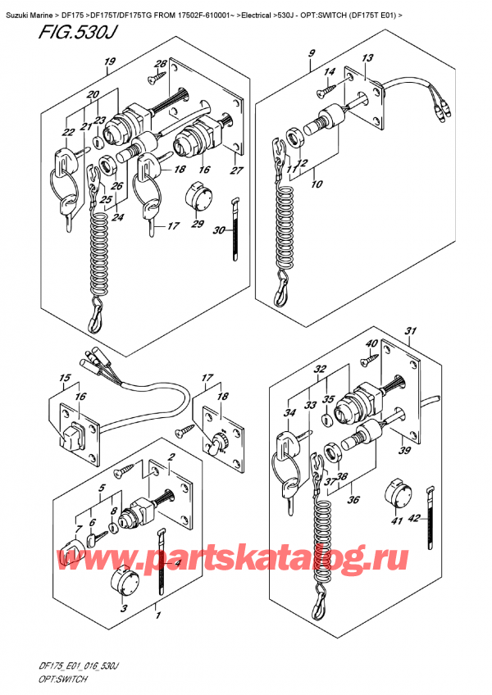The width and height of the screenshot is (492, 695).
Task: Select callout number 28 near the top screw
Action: click(x=161, y=65)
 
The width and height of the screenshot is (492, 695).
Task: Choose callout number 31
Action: click(x=410, y=331)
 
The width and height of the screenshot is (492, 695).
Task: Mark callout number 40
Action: click(x=371, y=343)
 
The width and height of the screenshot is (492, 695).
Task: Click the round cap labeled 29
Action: click(x=200, y=197)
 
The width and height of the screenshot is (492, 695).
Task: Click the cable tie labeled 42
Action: click(x=429, y=512)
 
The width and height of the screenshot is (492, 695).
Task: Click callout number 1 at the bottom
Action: click(x=159, y=612)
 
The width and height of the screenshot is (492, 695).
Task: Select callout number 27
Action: click(x=239, y=170)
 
